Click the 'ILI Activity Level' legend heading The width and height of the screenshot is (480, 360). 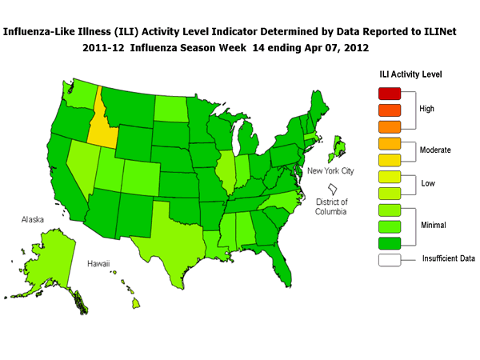click(x=410, y=74)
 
